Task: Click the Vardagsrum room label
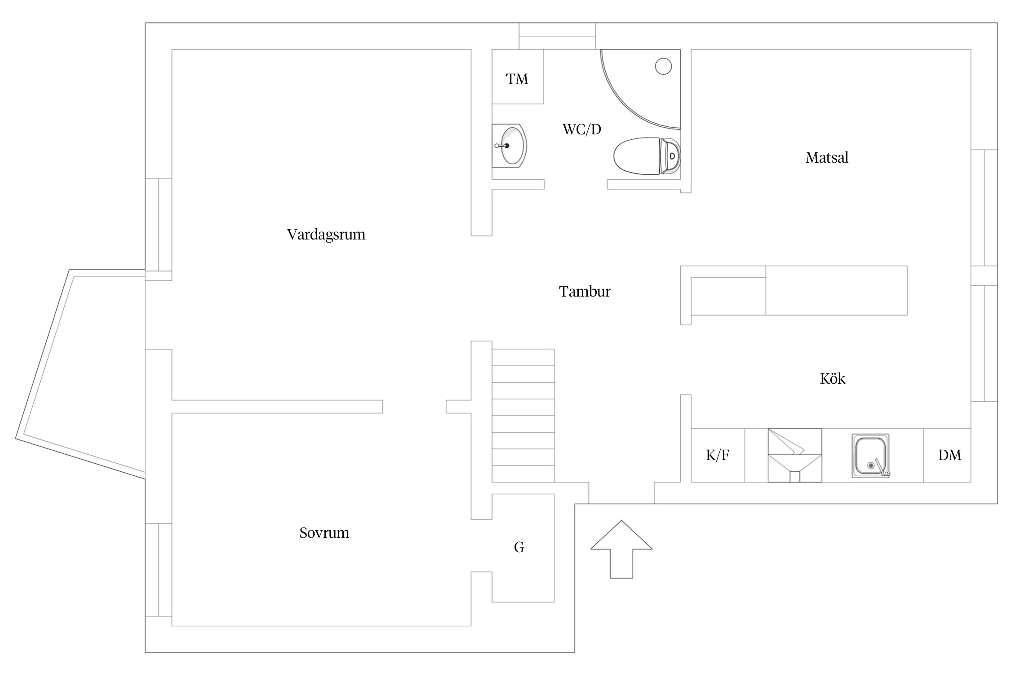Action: [x=326, y=235]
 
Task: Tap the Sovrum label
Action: [x=324, y=533]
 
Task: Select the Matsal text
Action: [x=827, y=158]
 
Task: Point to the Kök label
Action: [x=833, y=379]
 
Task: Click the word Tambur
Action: [x=585, y=292]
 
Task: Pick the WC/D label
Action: [x=582, y=129]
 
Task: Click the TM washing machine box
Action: [x=518, y=77]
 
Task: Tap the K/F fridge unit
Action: [x=718, y=455]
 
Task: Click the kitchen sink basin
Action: [x=870, y=456]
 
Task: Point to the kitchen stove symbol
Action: [x=795, y=455]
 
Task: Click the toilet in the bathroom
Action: [x=647, y=156]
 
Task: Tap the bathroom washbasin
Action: [x=509, y=146]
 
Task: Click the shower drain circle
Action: [x=663, y=67]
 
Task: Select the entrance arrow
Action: [x=621, y=549]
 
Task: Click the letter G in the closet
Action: [x=519, y=547]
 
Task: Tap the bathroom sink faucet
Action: [x=501, y=146]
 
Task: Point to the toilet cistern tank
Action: [x=670, y=156]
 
